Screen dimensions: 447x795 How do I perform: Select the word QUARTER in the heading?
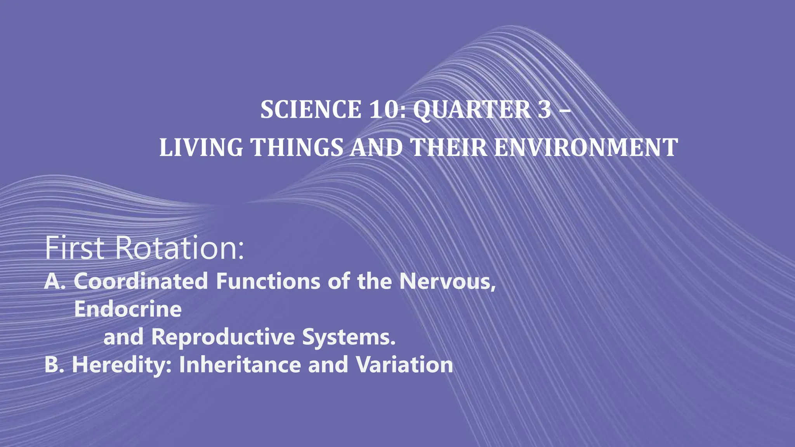point(472,110)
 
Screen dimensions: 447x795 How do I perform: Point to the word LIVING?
point(201,148)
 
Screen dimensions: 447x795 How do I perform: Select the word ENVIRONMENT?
point(586,148)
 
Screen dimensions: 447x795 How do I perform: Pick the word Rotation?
point(180,248)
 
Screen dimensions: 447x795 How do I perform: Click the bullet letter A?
point(53,281)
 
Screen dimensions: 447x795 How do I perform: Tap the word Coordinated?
point(141,281)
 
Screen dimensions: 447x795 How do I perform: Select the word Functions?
point(268,281)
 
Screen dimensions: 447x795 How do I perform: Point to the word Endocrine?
point(128,309)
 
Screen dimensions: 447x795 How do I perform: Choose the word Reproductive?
point(223,337)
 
